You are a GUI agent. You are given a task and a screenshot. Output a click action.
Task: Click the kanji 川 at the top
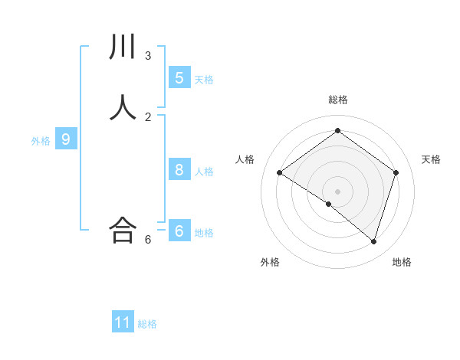tap(123, 47)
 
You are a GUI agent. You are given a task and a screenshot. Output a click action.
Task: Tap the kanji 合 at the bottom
tap(123, 230)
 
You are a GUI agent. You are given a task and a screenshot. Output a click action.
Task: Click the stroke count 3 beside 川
tap(148, 55)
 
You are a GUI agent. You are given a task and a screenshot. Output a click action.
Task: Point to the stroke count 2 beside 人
tap(148, 116)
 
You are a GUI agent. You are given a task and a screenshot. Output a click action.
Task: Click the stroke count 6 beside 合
tap(148, 239)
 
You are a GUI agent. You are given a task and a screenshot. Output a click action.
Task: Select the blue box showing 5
tap(179, 77)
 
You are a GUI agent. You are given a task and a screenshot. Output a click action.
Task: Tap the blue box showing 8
tap(179, 170)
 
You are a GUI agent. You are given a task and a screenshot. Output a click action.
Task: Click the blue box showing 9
tap(66, 139)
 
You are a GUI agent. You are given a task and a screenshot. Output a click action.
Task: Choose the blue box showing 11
tap(123, 322)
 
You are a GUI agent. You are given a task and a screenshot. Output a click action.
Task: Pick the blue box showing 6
tap(179, 231)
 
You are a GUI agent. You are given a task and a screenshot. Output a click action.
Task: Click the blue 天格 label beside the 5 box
tap(204, 79)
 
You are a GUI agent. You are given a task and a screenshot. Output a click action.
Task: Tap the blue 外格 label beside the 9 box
tap(41, 141)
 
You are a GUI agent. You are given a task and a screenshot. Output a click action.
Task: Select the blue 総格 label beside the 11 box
tap(147, 324)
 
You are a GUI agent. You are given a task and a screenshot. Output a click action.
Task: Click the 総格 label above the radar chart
tap(337, 100)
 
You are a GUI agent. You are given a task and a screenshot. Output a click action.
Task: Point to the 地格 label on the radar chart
tap(402, 262)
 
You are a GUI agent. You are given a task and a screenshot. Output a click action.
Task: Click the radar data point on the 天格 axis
tap(396, 172)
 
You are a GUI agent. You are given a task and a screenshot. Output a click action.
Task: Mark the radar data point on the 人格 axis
tap(279, 172)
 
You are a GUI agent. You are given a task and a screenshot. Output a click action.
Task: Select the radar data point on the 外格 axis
tap(329, 204)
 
